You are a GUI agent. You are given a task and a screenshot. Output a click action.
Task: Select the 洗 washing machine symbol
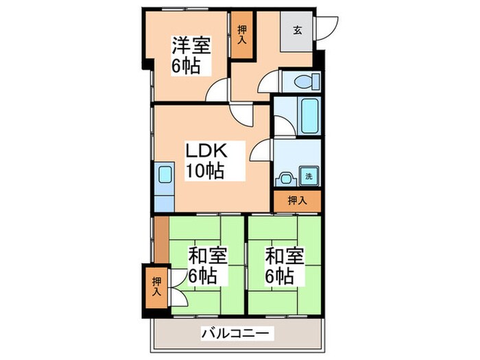pyautogui.click(x=308, y=176)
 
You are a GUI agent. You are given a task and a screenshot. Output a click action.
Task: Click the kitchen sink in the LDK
pyautogui.click(x=165, y=174)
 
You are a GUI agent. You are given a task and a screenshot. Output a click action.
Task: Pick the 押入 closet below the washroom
pyautogui.click(x=296, y=201)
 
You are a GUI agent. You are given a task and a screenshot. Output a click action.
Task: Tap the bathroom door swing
pyautogui.click(x=283, y=124)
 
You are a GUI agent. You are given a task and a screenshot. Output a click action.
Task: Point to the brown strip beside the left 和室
pyautogui.click(x=160, y=239)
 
